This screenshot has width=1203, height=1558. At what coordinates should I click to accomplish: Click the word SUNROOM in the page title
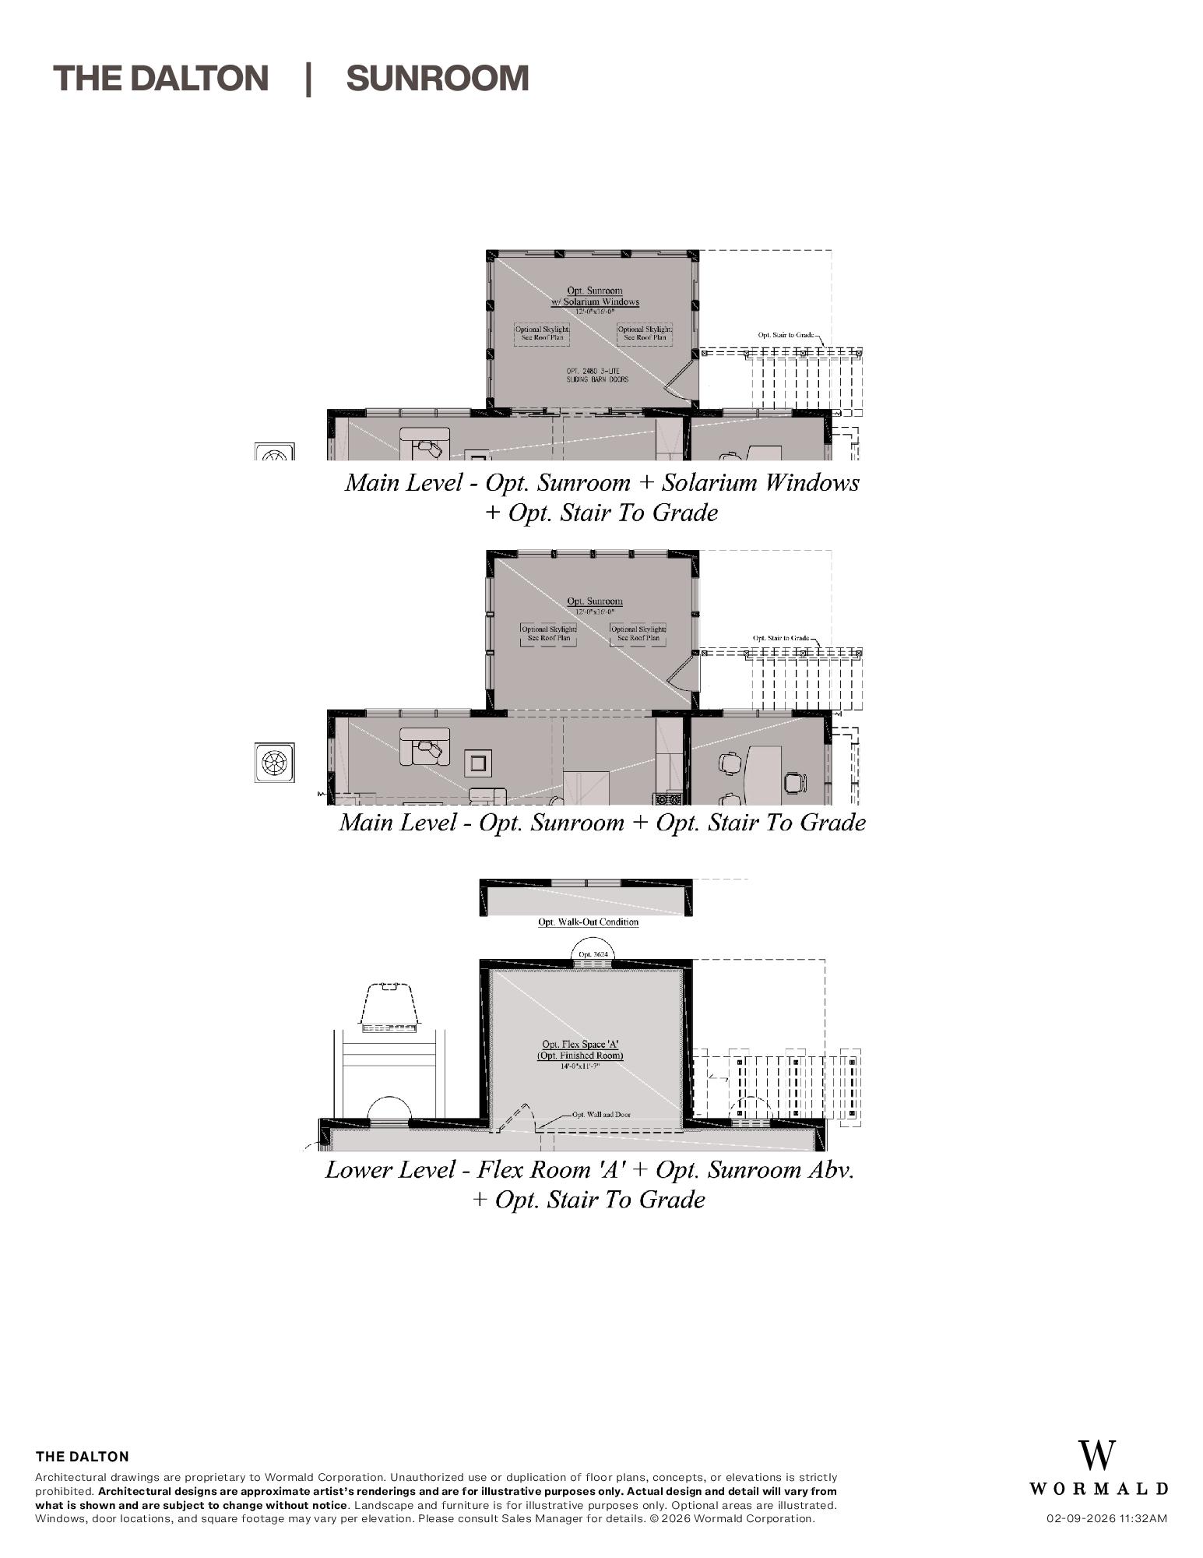tap(437, 79)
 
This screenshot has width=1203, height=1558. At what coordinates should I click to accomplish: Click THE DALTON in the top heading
tap(160, 79)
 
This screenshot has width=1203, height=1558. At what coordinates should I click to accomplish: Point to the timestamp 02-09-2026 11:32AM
tap(1106, 1518)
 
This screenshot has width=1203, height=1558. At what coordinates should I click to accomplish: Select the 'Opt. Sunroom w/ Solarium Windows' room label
tap(595, 296)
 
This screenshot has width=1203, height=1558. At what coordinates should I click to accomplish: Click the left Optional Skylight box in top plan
tap(542, 333)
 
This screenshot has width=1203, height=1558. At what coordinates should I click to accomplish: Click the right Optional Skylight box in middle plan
tap(638, 633)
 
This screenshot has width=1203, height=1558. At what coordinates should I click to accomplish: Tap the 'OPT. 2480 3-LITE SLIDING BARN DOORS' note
tap(596, 375)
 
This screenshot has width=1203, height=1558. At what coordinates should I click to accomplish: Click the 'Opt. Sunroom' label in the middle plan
tap(594, 601)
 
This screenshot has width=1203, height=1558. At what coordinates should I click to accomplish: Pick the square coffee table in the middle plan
tap(478, 763)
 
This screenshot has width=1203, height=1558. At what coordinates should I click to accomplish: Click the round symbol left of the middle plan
tap(274, 762)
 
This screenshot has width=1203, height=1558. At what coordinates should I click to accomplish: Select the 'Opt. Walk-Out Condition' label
tap(588, 922)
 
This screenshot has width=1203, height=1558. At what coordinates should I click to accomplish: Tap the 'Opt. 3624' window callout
tap(593, 953)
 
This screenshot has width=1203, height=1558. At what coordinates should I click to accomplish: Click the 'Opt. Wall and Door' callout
tap(601, 1114)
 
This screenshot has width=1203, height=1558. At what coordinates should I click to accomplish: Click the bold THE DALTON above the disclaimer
tap(83, 1456)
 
